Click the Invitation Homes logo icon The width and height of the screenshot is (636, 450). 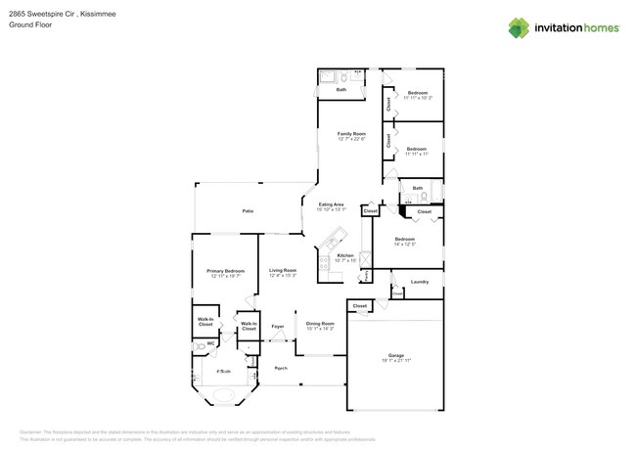[519, 27]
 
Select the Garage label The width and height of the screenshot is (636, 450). [395, 355]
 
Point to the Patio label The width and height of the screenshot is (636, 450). [249, 211]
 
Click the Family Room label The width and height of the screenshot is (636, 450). [351, 133]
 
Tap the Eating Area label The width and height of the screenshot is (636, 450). [331, 204]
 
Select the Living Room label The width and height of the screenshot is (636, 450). [283, 270]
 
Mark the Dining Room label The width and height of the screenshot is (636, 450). [320, 324]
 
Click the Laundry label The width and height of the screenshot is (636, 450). [419, 282]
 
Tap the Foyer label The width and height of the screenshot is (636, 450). [278, 326]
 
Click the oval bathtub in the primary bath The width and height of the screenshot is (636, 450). [224, 396]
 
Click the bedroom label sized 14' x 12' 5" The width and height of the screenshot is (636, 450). [405, 239]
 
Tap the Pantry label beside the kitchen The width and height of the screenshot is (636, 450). [364, 277]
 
